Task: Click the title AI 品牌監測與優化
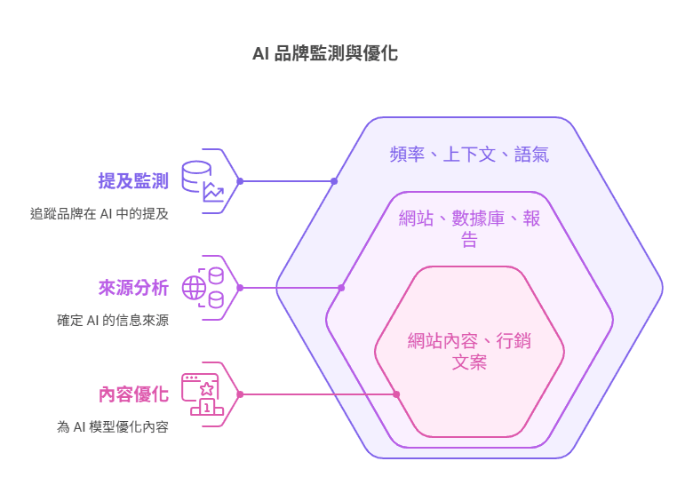pyautogui.click(x=325, y=53)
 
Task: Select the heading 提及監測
pyautogui.click(x=133, y=181)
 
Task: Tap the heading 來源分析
pyautogui.click(x=133, y=288)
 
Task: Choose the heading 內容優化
pyautogui.click(x=133, y=394)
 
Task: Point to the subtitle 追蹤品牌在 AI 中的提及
pyautogui.click(x=100, y=213)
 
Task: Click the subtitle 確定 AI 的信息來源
pyautogui.click(x=112, y=320)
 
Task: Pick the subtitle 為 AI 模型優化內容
pyautogui.click(x=112, y=426)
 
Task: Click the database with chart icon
pyautogui.click(x=203, y=181)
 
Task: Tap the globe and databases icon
pyautogui.click(x=203, y=288)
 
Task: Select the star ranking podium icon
pyautogui.click(x=203, y=394)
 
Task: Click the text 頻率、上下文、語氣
pyautogui.click(x=469, y=155)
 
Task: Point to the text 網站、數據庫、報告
pyautogui.click(x=469, y=229)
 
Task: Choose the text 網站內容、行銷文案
pyautogui.click(x=469, y=351)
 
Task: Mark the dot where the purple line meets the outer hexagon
pyautogui.click(x=334, y=181)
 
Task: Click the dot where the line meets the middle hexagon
pyautogui.click(x=342, y=288)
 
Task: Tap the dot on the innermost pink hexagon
pyautogui.click(x=396, y=394)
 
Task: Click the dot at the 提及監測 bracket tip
pyautogui.click(x=240, y=181)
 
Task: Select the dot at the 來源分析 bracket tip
pyautogui.click(x=240, y=288)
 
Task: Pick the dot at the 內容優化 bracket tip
pyautogui.click(x=240, y=394)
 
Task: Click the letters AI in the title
pyautogui.click(x=261, y=53)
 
